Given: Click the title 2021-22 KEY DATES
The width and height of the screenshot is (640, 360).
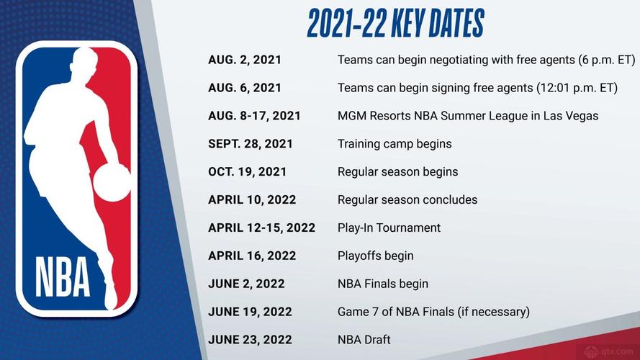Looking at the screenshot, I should point(395,24).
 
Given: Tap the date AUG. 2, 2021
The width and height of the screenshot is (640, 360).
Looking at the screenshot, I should point(245,60).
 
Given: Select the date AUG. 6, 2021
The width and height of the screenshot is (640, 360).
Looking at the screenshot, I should point(245,88).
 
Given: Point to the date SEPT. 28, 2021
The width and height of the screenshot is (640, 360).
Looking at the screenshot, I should point(251,143).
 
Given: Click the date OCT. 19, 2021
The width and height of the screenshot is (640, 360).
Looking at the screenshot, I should point(248,172).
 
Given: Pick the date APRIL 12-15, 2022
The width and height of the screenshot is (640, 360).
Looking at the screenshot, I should point(262,228).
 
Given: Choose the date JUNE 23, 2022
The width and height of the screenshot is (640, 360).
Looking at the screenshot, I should point(250,339).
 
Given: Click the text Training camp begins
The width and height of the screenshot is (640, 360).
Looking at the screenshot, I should point(395,143).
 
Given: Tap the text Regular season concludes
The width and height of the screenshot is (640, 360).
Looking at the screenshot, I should point(407,199).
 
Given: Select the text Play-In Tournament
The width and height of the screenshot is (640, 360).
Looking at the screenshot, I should point(389,228).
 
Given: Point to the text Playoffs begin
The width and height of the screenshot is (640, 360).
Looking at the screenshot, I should point(375,256).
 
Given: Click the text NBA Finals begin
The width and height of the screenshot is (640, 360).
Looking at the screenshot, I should point(383,284).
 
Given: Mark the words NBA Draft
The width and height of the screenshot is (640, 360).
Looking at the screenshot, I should point(364,339).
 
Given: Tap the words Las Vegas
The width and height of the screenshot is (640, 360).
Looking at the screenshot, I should point(571,116).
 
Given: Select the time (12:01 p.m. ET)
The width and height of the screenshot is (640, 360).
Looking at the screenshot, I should point(577,88).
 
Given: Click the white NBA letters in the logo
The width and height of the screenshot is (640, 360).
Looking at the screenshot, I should point(63,276).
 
